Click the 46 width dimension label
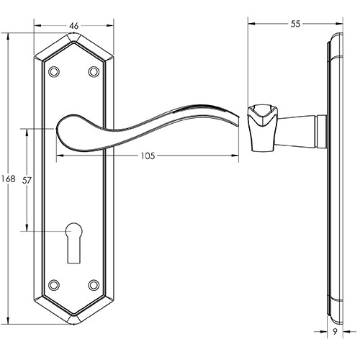[73, 26]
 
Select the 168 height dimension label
[9, 179]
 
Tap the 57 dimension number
[27, 180]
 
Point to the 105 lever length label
[148, 156]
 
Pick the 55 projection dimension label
[295, 24]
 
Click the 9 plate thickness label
[335, 332]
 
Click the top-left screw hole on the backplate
[54, 71]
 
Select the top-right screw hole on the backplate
[94, 71]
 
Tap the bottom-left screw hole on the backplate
[54, 285]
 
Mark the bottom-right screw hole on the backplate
[94, 285]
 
